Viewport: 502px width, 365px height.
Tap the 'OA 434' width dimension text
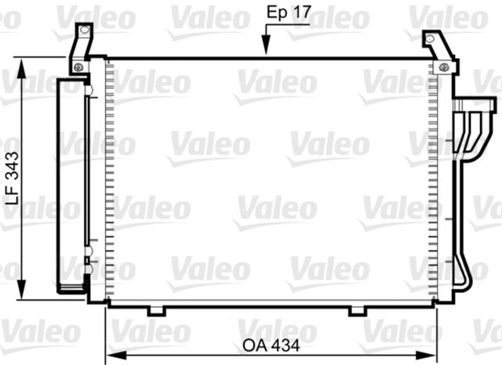pyautogui.click(x=270, y=345)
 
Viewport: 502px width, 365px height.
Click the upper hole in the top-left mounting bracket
pyautogui.click(x=79, y=29)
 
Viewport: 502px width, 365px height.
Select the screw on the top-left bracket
pyautogui.click(x=79, y=67)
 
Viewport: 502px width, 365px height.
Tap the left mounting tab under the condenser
pyautogui.click(x=156, y=311)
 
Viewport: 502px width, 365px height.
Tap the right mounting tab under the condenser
pyautogui.click(x=357, y=311)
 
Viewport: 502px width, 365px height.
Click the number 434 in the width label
pyautogui.click(x=282, y=345)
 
